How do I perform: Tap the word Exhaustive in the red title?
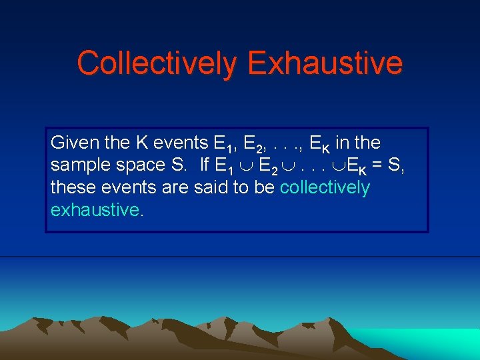click(325, 63)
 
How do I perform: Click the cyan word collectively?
click(325, 187)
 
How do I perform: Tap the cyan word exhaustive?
click(96, 210)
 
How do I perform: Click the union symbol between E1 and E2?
click(247, 166)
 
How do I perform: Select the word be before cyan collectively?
click(264, 187)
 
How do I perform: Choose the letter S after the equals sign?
click(393, 165)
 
